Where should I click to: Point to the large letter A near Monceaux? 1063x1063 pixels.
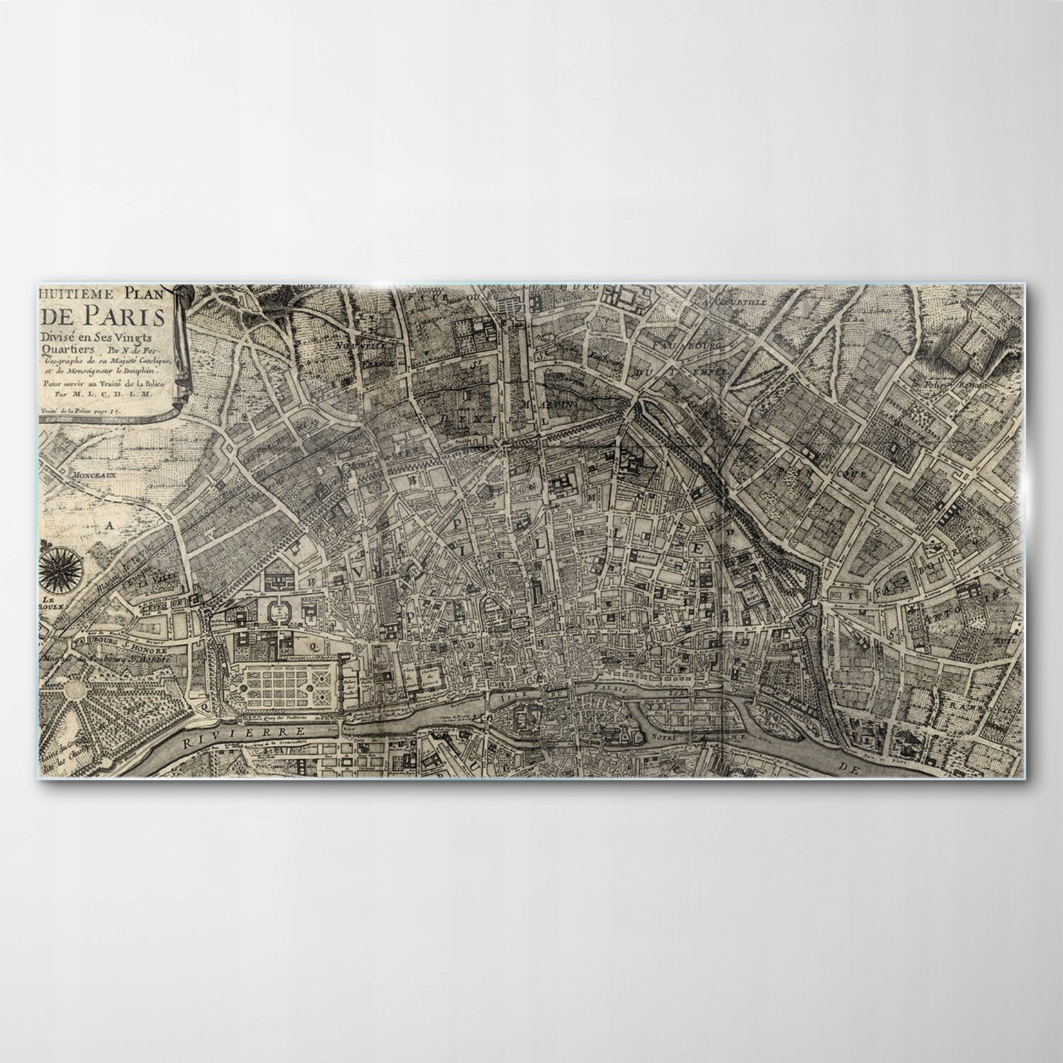109,525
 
